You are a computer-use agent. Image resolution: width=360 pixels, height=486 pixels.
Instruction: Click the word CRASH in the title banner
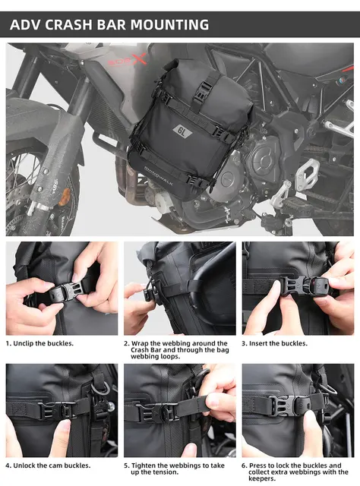pyautogui.click(x=74, y=25)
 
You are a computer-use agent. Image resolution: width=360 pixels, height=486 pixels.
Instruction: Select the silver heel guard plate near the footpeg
pyautogui.click(x=306, y=175)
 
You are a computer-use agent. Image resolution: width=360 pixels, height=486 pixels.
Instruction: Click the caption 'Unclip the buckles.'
pyautogui.click(x=40, y=343)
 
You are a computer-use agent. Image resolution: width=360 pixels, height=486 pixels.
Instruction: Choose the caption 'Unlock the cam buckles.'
pyautogui.click(x=49, y=465)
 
